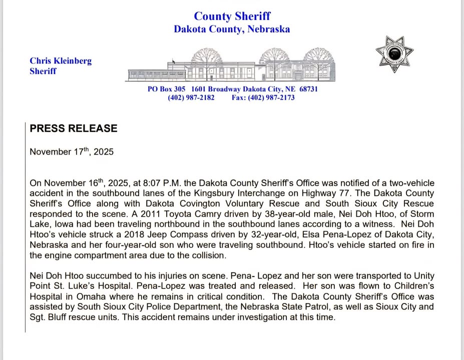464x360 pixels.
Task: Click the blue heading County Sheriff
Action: click(x=232, y=16)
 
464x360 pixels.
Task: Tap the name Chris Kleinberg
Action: click(x=61, y=61)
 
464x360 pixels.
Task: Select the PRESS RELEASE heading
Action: click(x=74, y=128)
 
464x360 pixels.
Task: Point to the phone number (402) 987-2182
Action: click(x=191, y=97)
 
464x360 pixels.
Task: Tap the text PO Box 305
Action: click(x=166, y=89)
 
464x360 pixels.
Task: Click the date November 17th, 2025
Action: click(x=72, y=151)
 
